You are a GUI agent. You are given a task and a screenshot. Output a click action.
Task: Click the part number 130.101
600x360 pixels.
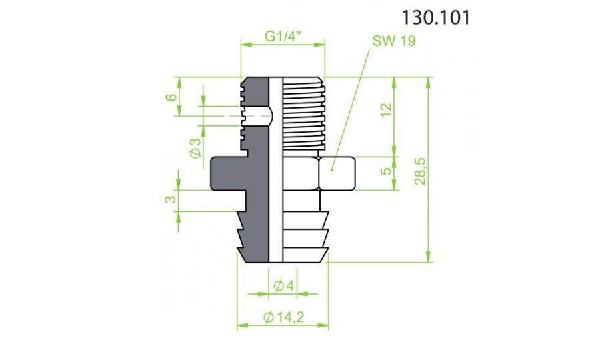point(436,18)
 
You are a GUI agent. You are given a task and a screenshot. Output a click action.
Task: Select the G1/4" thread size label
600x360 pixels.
point(283,37)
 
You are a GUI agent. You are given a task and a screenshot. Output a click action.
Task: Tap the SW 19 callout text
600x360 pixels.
point(393,41)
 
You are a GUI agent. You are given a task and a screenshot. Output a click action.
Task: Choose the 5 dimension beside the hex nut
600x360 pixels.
point(385,171)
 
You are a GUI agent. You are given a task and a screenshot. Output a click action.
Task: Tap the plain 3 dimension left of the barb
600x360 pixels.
point(171,199)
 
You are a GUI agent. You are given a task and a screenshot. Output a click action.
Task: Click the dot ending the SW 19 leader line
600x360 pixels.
point(331,169)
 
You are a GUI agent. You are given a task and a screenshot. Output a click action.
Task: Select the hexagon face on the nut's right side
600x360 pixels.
point(339,174)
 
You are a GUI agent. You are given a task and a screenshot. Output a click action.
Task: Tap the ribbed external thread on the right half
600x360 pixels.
point(303,113)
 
